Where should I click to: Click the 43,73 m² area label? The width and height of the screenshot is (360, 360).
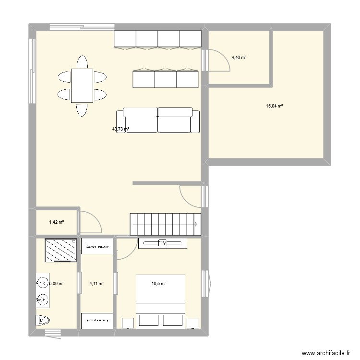(120, 129)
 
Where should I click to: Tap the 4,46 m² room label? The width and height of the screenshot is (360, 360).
(239, 58)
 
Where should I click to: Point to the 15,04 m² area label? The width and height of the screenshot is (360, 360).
(274, 106)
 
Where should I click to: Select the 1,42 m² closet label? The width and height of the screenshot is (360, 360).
(57, 222)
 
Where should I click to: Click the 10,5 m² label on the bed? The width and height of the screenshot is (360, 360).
(159, 284)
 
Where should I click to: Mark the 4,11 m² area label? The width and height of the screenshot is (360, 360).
(97, 284)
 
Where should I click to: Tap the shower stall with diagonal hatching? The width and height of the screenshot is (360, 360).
(60, 250)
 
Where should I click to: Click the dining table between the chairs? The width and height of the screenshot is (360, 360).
(82, 85)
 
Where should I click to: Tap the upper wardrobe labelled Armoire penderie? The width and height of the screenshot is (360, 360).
(97, 247)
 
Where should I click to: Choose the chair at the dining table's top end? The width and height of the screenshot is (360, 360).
(82, 62)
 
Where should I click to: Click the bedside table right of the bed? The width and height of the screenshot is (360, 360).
(193, 323)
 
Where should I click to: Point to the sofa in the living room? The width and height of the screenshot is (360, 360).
(157, 120)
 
